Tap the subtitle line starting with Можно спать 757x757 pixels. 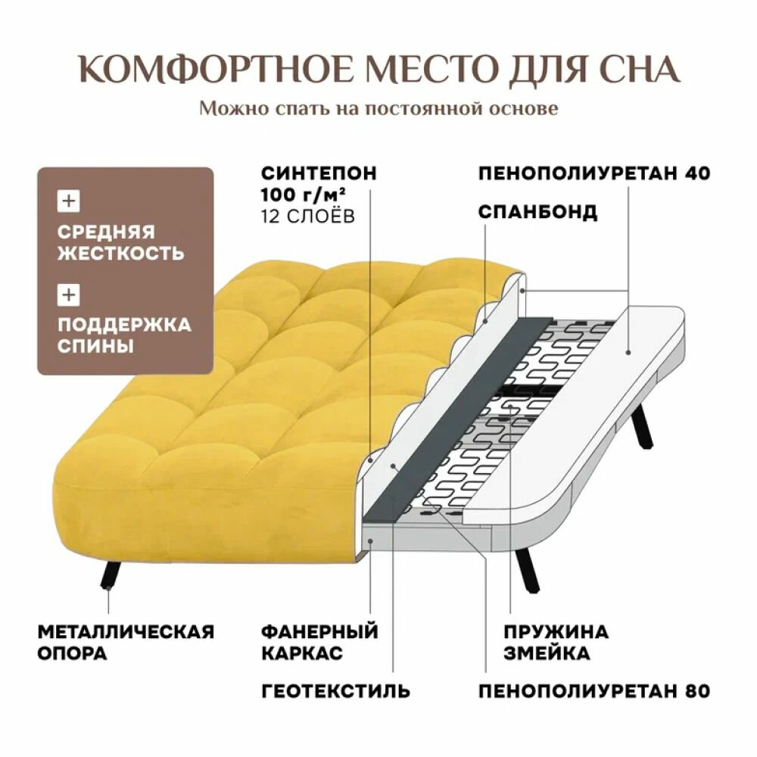[378, 108]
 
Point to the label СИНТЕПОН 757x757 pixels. [318, 173]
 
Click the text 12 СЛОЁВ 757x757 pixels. [306, 216]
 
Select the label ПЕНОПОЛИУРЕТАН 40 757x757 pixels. [593, 173]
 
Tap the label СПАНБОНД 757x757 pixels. [537, 212]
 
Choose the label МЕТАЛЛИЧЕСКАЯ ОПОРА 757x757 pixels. [126, 642]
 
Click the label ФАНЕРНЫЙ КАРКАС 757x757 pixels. [318, 642]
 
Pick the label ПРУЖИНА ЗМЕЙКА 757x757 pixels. [545, 642]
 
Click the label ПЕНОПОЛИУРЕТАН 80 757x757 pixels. [593, 690]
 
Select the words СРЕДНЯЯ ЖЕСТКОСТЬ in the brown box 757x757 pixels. [120, 242]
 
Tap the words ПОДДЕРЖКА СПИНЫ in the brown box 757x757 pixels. [124, 335]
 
